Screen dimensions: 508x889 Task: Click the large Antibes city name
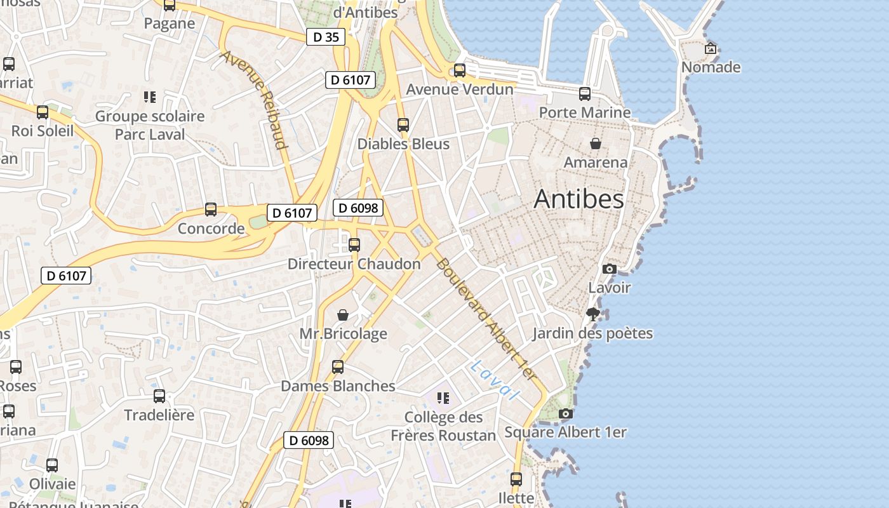click(x=578, y=199)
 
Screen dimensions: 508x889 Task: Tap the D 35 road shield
click(x=326, y=37)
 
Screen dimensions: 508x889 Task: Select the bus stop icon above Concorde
click(x=211, y=209)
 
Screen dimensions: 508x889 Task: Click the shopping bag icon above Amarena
click(x=596, y=144)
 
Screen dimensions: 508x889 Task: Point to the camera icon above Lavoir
click(x=610, y=269)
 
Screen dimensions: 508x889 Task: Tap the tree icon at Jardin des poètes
click(x=593, y=314)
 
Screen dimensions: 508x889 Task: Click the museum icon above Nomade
click(x=711, y=48)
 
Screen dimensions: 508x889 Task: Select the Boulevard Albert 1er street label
click(x=486, y=320)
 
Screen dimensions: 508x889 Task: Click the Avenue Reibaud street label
click(x=255, y=99)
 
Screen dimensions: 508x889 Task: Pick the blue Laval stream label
click(x=495, y=380)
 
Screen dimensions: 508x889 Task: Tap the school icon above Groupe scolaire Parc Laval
click(x=150, y=97)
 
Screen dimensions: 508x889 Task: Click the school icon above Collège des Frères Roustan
click(x=443, y=398)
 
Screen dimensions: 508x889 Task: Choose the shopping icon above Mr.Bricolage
click(x=343, y=315)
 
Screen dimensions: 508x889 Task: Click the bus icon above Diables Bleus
click(x=403, y=124)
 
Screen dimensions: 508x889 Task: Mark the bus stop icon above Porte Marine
click(x=585, y=93)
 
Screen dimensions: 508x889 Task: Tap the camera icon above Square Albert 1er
click(x=565, y=414)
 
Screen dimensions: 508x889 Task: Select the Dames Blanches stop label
click(x=338, y=386)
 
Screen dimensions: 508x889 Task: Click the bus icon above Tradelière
click(x=159, y=396)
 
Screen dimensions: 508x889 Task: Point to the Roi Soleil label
click(x=43, y=131)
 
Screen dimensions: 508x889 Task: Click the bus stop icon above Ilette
click(x=516, y=479)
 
